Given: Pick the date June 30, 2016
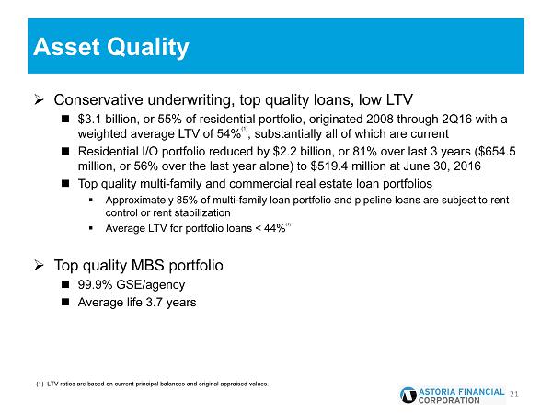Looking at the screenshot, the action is point(442,166).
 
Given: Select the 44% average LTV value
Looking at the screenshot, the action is point(274,228).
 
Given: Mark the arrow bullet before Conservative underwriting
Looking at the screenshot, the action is point(39,100).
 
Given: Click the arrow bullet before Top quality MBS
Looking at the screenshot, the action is point(39,265).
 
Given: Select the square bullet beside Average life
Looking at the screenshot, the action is point(65,302).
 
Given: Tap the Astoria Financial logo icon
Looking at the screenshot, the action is point(408,396).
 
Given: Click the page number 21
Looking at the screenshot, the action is point(514,395).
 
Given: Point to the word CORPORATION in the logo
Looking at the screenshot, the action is point(449,401).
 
